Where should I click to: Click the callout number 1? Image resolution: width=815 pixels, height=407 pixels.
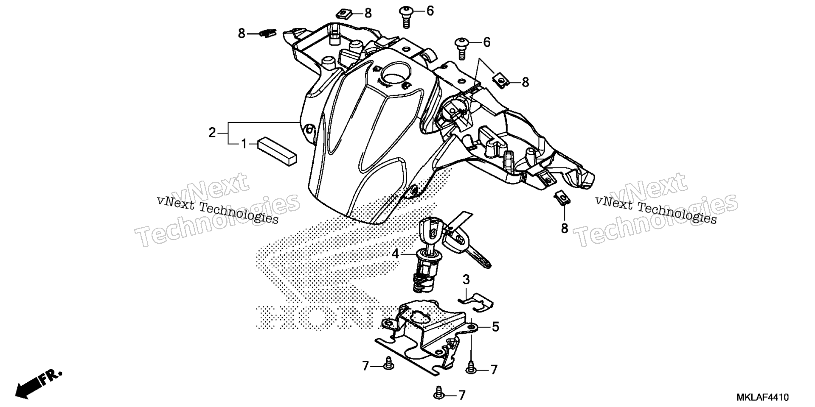pyautogui.click(x=244, y=145)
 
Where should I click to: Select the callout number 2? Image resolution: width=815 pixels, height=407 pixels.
pyautogui.click(x=212, y=133)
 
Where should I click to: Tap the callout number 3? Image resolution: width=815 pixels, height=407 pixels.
pyautogui.click(x=466, y=280)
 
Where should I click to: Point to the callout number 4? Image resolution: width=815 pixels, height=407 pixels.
pyautogui.click(x=395, y=254)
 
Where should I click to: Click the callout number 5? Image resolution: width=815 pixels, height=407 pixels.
pyautogui.click(x=495, y=327)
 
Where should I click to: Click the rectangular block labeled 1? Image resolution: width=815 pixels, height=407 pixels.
pyautogui.click(x=277, y=151)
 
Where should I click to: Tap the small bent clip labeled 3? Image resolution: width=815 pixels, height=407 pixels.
pyautogui.click(x=477, y=301)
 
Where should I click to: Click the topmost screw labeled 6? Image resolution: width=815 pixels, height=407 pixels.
pyautogui.click(x=406, y=17)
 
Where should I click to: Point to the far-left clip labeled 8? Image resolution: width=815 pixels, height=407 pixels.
pyautogui.click(x=267, y=33)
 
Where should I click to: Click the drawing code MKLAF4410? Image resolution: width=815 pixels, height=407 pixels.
pyautogui.click(x=763, y=398)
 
